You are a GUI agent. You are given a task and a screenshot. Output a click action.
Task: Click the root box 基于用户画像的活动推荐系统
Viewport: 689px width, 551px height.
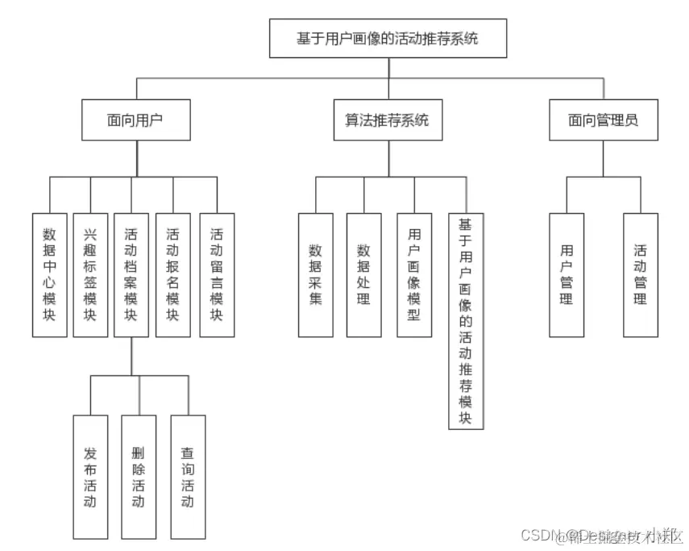coord(388,38)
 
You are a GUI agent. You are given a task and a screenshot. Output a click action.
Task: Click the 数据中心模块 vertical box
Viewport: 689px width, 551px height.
coord(49,274)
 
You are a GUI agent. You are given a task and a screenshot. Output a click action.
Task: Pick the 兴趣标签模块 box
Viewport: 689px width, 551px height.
coord(90,274)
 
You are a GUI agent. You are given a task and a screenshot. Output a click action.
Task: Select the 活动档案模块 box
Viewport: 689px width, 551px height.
coord(131,274)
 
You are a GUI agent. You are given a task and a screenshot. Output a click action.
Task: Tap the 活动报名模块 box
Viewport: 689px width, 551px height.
coord(172,274)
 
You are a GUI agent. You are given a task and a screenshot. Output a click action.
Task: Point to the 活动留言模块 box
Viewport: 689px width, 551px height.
coord(217,274)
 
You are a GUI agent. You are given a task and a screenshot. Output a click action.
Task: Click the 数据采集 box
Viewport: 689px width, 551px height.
coord(315,274)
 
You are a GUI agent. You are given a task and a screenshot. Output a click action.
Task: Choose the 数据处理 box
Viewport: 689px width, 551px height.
coord(363,274)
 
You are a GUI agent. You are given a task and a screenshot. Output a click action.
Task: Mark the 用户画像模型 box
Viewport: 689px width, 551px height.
coord(414,274)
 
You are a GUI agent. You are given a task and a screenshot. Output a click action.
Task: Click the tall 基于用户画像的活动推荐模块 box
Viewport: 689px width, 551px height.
coord(466,321)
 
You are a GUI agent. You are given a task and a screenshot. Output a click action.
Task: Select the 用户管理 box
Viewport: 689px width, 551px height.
coord(567,274)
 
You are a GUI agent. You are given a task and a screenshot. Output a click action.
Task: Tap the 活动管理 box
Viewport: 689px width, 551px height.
coord(641,274)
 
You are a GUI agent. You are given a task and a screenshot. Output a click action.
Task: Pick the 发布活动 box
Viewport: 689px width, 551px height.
coord(89,477)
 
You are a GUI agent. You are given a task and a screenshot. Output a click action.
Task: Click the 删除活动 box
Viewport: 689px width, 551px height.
coord(139,477)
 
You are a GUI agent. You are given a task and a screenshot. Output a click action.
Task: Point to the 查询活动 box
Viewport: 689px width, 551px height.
coord(188,477)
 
